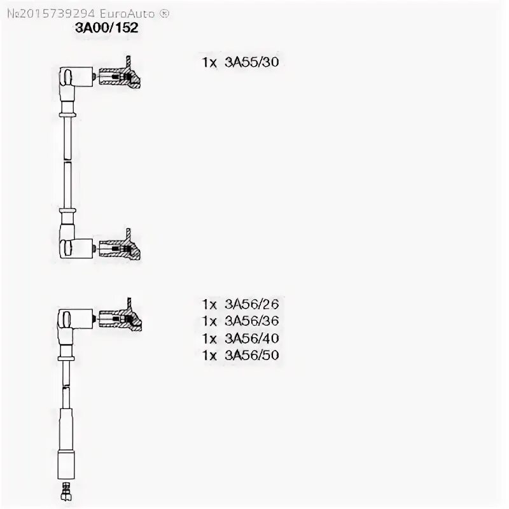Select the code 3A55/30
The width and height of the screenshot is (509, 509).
pos(252,62)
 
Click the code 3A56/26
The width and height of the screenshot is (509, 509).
pos(252,304)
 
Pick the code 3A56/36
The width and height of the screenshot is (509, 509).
pos(252,321)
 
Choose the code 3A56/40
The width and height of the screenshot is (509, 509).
pos(252,338)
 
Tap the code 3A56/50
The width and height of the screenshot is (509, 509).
pos(252,355)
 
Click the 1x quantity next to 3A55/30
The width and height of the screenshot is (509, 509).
pos(210,62)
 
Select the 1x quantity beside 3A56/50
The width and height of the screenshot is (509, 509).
pos(210,355)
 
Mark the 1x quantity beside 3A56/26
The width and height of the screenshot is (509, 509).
pos(210,304)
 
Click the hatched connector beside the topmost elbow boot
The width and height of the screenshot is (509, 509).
pos(121,78)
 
